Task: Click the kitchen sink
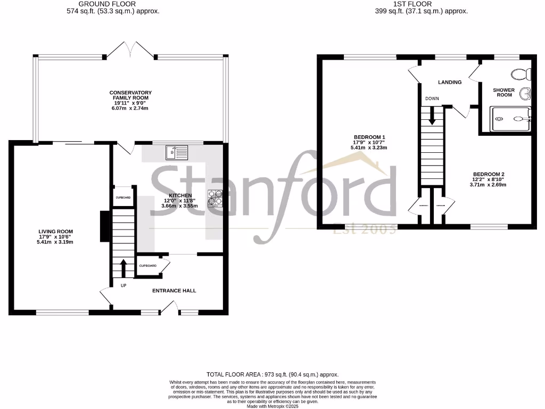[177, 152]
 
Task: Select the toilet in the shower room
[518, 73]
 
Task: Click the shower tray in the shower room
[510, 119]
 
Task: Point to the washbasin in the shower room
[526, 94]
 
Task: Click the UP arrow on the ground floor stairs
[123, 268]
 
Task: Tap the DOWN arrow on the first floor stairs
[432, 114]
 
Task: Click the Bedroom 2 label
[488, 174]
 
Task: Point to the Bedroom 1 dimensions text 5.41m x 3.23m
[369, 148]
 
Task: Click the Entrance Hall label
[174, 291]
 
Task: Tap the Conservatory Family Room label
[130, 95]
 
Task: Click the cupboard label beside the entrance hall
[148, 265]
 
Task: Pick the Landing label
[450, 82]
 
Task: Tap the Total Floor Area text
[272, 375]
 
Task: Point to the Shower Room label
[503, 93]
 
